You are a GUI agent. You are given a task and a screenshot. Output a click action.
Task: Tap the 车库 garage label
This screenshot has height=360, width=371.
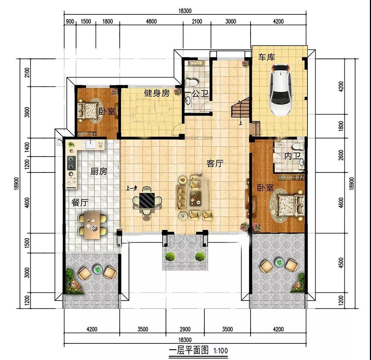click(266, 57)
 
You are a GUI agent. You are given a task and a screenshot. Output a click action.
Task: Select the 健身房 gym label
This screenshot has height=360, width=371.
click(157, 93)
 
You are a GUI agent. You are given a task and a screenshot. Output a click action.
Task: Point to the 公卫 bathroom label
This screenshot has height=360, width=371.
click(200, 94)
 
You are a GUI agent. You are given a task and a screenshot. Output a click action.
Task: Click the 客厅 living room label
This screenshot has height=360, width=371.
click(215, 163)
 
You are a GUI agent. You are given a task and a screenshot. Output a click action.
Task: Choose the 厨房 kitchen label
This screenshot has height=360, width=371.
click(99, 171)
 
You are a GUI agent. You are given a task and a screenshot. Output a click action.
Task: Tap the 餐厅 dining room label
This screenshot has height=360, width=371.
click(80, 203)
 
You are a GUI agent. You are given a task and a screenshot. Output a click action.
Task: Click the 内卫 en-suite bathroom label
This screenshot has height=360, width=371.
click(292, 156)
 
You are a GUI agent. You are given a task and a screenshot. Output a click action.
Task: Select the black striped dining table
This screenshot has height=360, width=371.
click(147, 200)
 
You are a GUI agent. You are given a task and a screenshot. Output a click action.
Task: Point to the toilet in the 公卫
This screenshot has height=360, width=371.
click(191, 82)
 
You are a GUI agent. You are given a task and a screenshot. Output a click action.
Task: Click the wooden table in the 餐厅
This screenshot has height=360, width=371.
click(92, 225)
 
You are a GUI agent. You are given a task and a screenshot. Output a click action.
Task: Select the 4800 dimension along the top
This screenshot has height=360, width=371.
click(151, 21)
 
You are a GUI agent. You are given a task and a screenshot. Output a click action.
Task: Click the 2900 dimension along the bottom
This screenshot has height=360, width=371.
click(185, 329)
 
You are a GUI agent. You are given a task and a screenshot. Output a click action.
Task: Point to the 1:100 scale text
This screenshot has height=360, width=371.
click(221, 350)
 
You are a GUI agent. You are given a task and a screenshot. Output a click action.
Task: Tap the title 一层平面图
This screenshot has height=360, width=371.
click(189, 350)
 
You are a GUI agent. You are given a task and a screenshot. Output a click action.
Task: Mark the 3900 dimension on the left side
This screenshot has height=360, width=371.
click(27, 112)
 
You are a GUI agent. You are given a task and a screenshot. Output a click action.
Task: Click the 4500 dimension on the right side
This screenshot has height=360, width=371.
click(341, 263)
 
